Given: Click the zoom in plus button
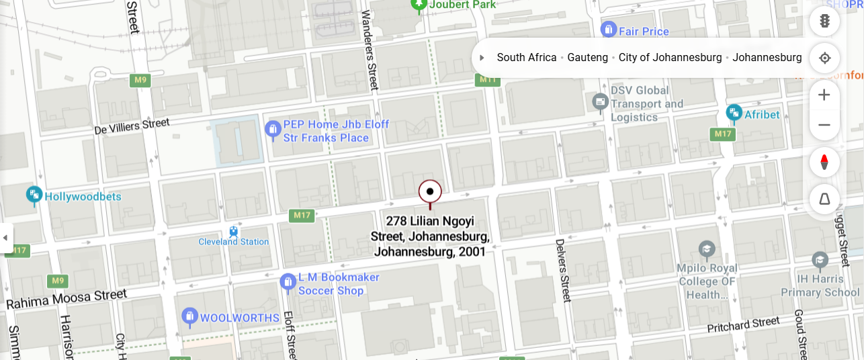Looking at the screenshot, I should point(824,95).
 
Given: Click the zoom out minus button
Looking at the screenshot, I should point(824,125).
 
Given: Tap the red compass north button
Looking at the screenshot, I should point(824,162).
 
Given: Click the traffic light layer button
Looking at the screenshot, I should point(824,21).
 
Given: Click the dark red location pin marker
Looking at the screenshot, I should point(430,192).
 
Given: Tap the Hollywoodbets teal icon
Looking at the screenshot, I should point(34,196).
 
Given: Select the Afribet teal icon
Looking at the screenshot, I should point(734,114).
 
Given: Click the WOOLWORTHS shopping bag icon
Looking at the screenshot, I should point(190,317).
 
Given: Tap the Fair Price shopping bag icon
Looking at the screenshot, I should point(608,31).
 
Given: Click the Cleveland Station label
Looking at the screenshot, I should point(233,242).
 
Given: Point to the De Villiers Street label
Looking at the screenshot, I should point(132,126).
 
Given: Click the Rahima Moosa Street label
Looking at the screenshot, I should point(67,300).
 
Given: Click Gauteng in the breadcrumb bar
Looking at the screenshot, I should point(587,58).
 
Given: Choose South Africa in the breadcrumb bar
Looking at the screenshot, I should point(527,58).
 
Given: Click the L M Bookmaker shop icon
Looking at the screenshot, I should point(288,283).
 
